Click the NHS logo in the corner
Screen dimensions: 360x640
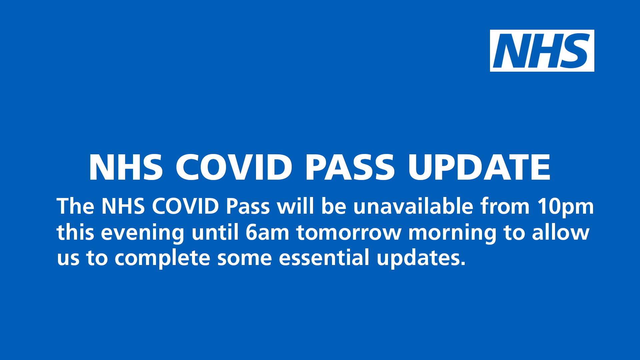tap(542, 51)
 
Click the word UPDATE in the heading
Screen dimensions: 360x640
tap(479, 167)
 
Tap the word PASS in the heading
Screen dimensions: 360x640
tap(350, 167)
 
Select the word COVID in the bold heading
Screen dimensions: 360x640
tap(234, 167)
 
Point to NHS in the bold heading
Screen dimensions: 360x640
tap(126, 167)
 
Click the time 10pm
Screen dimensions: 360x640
tap(565, 207)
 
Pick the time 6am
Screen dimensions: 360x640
tap(267, 232)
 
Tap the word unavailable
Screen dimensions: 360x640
tap(413, 206)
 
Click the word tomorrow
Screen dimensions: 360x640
tap(349, 232)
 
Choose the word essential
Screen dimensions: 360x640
tap(324, 258)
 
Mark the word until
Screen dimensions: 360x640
tap(215, 232)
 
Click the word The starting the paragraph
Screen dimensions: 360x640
tap(75, 206)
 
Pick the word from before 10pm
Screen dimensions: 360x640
tap(505, 206)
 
